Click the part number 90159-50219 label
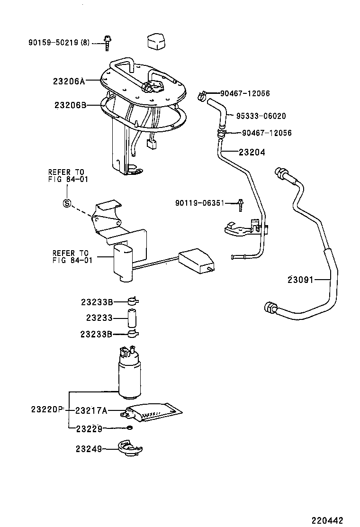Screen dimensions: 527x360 coord(59,43)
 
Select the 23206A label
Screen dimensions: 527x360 coord(69,81)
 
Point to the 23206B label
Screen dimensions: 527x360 coord(69,105)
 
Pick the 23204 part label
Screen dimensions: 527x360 coord(252,153)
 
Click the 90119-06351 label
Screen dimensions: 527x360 coord(205,203)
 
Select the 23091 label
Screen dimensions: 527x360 coord(300,280)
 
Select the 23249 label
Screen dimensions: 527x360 coord(89,447)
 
